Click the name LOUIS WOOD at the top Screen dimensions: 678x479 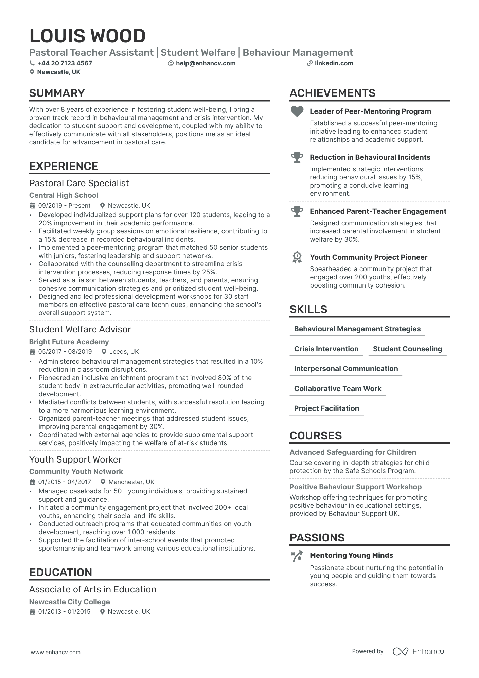point(87,36)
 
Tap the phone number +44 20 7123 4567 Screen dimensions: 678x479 point(65,63)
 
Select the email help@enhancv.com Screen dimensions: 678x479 point(206,63)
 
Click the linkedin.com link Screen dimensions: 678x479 point(334,63)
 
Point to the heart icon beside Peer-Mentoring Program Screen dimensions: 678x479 point(297,111)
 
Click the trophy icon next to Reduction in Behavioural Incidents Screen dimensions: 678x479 point(297,157)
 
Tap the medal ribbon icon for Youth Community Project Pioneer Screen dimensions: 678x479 point(297,257)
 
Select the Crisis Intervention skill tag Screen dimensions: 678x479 point(326,349)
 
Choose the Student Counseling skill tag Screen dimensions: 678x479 point(407,349)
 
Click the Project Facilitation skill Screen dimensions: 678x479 point(326,408)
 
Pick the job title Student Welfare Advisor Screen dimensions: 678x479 point(80,329)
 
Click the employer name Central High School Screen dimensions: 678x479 point(64,195)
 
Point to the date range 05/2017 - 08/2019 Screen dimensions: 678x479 point(65,352)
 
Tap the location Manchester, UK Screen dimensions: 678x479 point(131,482)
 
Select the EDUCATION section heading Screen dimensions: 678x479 point(60,572)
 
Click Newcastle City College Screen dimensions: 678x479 point(69,602)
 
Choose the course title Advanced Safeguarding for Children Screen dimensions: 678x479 point(353,452)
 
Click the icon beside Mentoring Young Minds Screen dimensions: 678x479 point(297,556)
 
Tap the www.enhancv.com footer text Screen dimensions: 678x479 point(56,652)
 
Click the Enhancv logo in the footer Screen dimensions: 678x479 point(418,651)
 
